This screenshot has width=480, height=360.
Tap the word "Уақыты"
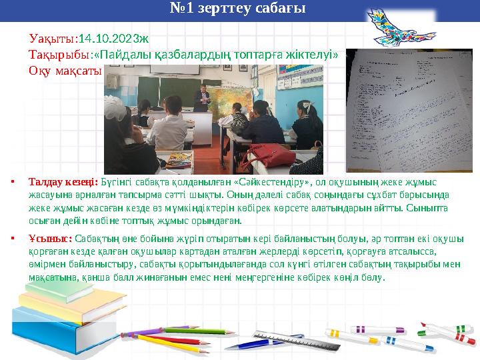pyautogui.click(x=52, y=39)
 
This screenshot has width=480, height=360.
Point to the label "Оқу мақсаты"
pyautogui.click(x=65, y=70)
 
